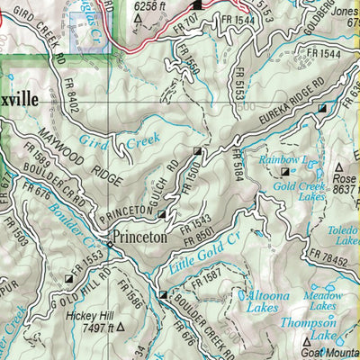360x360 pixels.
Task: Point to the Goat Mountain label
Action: click(x=327, y=353)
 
